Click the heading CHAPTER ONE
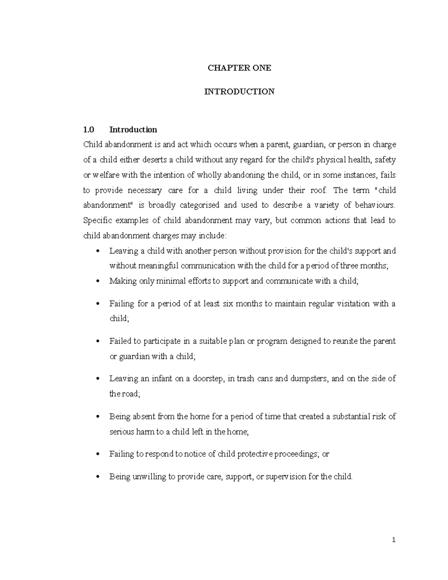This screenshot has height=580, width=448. (239, 68)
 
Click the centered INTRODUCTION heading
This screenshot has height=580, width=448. (239, 92)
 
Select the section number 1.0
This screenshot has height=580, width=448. (88, 130)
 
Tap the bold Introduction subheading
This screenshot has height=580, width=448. (133, 130)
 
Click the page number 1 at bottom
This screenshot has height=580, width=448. (393, 540)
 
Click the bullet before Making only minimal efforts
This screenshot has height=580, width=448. (98, 281)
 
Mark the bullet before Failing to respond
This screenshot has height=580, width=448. (98, 454)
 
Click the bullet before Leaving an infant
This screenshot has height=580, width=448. (98, 379)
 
